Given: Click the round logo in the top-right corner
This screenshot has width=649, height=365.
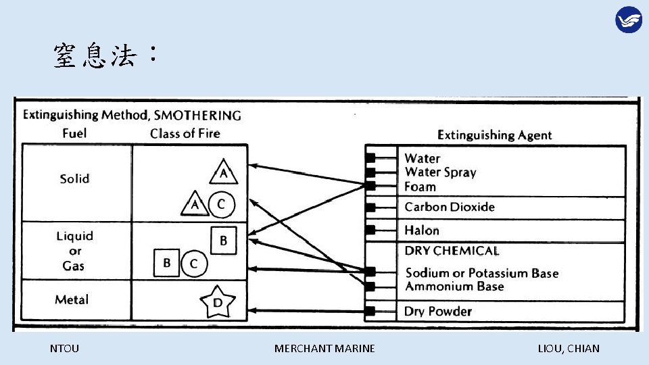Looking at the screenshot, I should (628, 20).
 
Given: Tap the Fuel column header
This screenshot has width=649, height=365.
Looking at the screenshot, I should (74, 133).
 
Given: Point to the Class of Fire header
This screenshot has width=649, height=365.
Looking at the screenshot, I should (185, 133).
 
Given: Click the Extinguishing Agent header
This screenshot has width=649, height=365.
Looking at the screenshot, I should (494, 135).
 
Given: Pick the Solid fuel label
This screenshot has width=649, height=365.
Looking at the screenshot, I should (74, 178).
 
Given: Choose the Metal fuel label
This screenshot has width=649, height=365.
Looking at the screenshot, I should (72, 299).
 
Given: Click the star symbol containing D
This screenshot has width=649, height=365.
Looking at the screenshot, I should (218, 303).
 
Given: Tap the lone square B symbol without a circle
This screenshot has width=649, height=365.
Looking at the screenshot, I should (224, 241).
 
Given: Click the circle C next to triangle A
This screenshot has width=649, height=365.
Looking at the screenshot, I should (221, 203).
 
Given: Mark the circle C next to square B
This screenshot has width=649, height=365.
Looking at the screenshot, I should (193, 264).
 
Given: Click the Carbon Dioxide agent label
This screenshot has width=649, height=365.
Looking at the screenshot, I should (450, 207).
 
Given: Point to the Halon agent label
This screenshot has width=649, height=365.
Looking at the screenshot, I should (422, 230).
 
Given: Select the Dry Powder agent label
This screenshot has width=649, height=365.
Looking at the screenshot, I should (438, 311).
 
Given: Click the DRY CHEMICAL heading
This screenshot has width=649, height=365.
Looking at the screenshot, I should (452, 251).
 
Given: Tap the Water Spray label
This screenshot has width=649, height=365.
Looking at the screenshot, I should (440, 172).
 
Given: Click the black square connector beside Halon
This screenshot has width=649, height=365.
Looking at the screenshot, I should (370, 230).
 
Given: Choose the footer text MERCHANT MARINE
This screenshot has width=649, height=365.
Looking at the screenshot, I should (324, 349).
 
